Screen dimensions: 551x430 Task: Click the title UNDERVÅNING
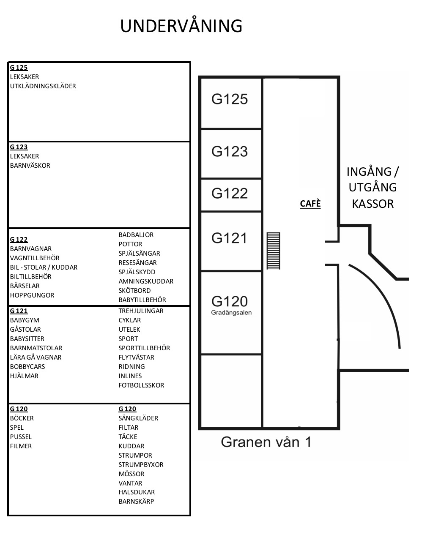point(181,26)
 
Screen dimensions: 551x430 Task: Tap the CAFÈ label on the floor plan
point(310,204)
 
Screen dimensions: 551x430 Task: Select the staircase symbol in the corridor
point(273,251)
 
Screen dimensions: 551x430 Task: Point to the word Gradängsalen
point(231,313)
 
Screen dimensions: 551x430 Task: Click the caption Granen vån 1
point(266,442)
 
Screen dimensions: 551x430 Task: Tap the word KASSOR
point(372,204)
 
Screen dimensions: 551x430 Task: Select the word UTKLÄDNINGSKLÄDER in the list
point(43,86)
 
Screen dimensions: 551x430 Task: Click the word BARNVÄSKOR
point(30,166)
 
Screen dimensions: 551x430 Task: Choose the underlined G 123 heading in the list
point(19,147)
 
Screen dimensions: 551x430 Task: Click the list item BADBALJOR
point(136,235)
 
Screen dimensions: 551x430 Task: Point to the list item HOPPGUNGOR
point(32,295)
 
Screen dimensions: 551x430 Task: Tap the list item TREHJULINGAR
point(141,311)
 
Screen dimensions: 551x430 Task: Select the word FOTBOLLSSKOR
point(141,385)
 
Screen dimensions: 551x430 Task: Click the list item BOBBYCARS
point(27,367)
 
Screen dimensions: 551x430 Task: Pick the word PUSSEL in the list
point(21,437)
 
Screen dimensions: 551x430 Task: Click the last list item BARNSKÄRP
point(136,502)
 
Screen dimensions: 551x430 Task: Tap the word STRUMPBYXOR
point(141,465)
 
